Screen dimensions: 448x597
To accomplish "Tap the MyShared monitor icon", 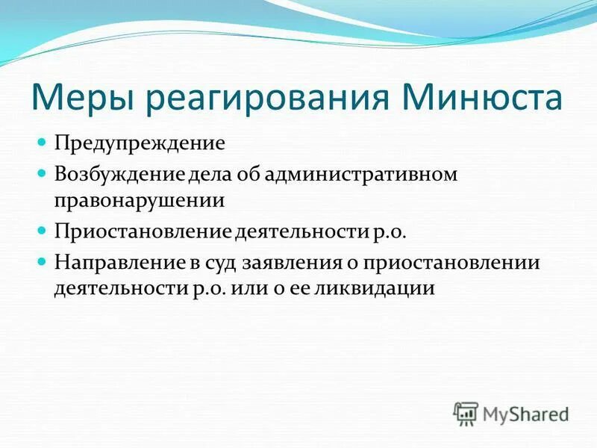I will [x=466, y=413].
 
